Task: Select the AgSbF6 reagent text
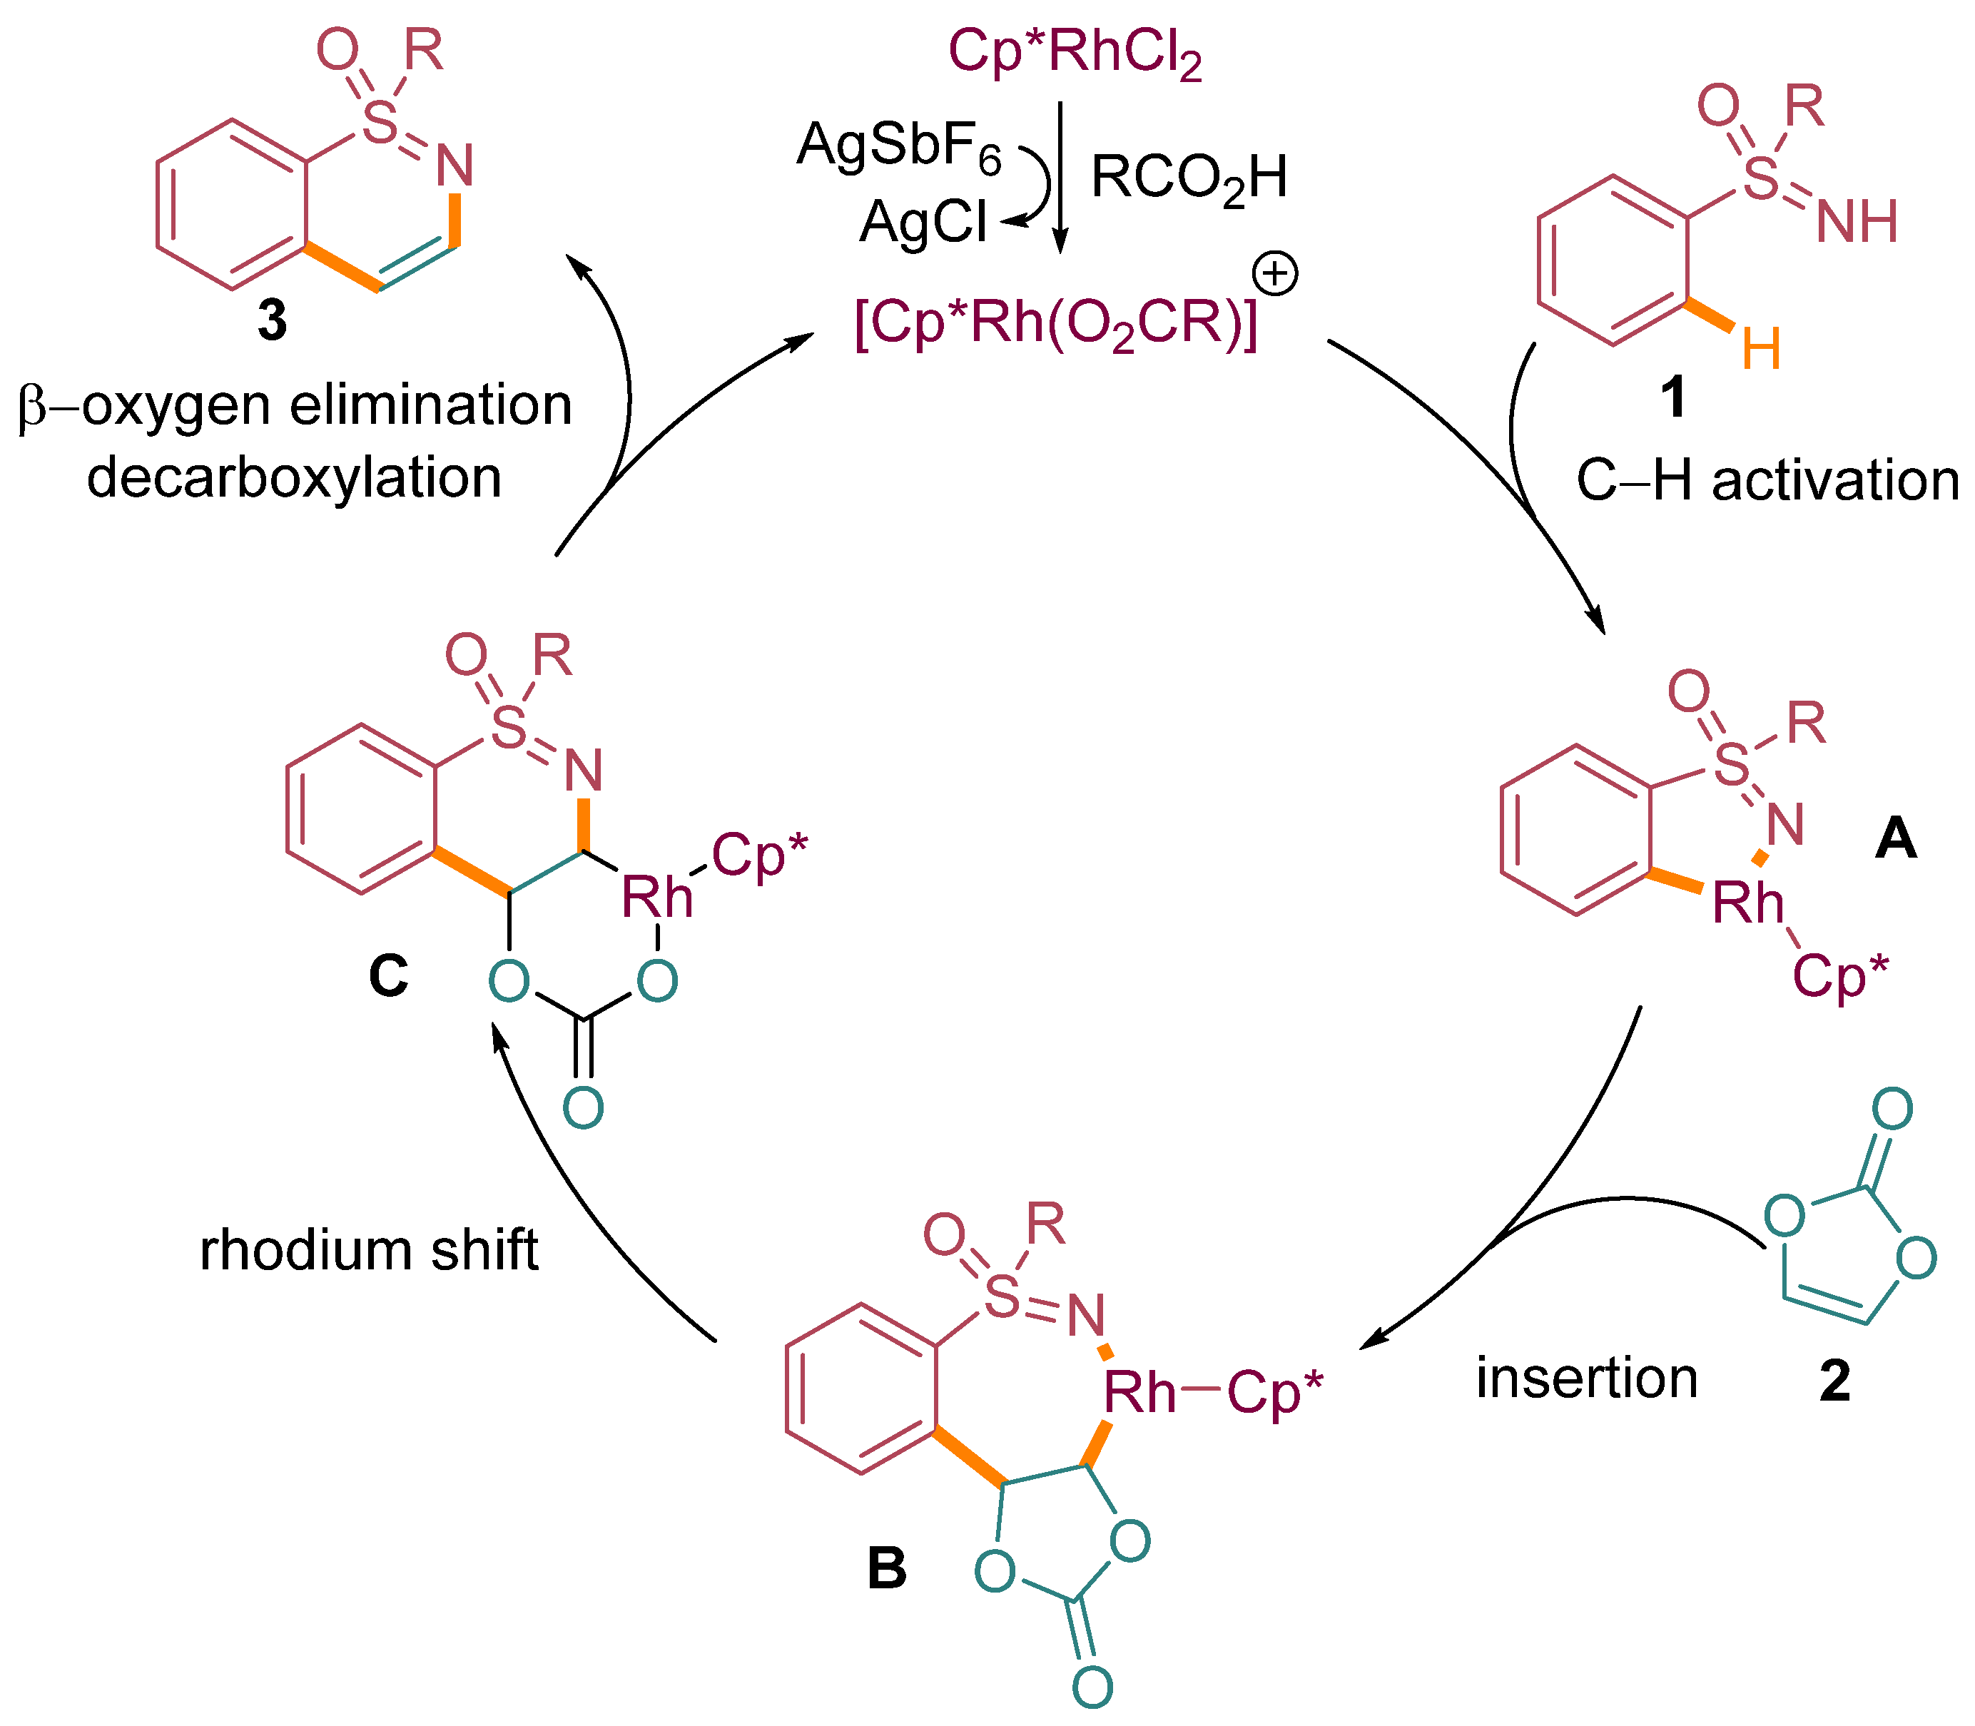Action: [x=900, y=146]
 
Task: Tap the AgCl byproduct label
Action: [x=923, y=223]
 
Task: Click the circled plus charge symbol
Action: [x=1275, y=275]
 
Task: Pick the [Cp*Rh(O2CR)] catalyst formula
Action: [x=1055, y=324]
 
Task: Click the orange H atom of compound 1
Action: [x=1760, y=349]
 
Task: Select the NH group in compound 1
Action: [x=1856, y=221]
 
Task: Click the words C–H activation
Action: [x=1767, y=479]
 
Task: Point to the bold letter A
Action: [x=1895, y=838]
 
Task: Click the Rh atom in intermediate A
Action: [x=1747, y=903]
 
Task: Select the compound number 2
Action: [x=1834, y=1380]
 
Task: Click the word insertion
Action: [x=1586, y=1377]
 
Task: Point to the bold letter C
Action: [x=388, y=975]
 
